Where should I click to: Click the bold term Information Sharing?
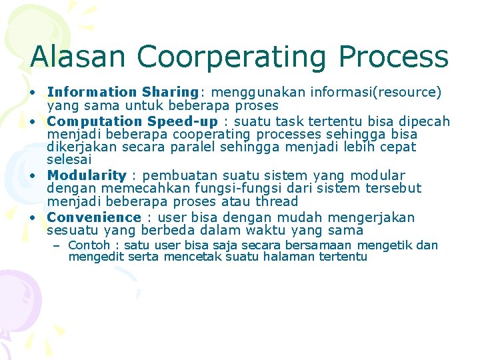point(123,92)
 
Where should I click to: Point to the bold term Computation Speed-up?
point(132,121)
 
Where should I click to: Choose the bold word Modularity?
point(86,176)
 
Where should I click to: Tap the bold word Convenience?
point(94,217)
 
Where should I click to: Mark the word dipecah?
point(425,121)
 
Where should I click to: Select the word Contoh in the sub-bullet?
point(89,245)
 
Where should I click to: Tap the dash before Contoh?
point(57,245)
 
